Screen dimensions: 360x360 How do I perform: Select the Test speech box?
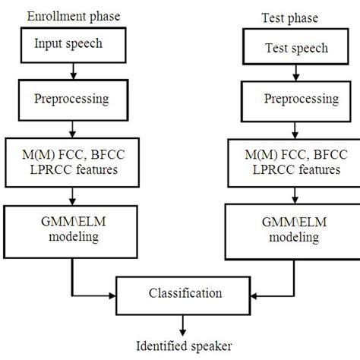click(x=286, y=49)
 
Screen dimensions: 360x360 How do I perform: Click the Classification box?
click(x=180, y=293)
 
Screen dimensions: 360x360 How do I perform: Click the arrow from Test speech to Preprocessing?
click(x=286, y=72)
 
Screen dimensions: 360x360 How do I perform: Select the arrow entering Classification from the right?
click(x=266, y=295)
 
